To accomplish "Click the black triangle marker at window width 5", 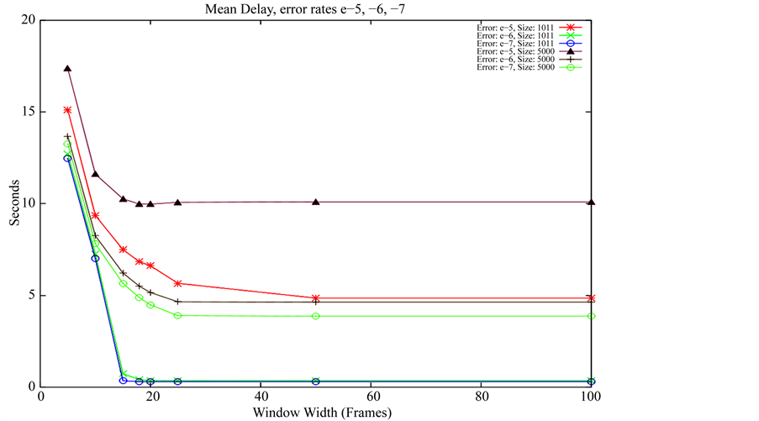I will click(67, 69).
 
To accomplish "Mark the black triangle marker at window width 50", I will click(316, 202).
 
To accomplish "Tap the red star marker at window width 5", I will click(67, 110).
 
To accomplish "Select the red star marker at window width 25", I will click(178, 283).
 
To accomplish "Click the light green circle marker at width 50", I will click(316, 316).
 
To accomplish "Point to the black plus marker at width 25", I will click(178, 302).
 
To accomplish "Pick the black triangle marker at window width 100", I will click(592, 202).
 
